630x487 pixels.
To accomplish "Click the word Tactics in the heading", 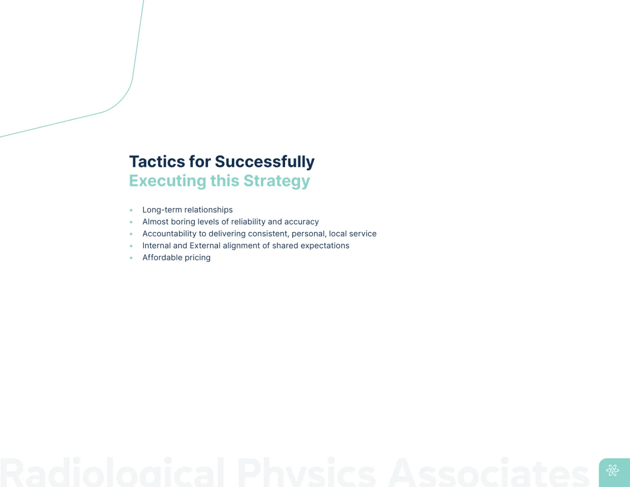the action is point(157,161).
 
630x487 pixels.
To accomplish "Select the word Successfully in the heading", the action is point(265,162).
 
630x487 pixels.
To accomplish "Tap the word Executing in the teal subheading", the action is point(167,181).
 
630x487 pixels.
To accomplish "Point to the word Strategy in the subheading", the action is point(277,181).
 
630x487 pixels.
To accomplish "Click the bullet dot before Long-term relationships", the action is point(131,210).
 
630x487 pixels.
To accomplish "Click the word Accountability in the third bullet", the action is point(169,234).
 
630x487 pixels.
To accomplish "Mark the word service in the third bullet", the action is point(363,234).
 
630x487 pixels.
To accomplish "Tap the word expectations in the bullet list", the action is point(325,246).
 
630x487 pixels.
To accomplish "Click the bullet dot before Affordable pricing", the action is point(131,258).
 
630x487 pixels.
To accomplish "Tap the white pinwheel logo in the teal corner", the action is point(613,471).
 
